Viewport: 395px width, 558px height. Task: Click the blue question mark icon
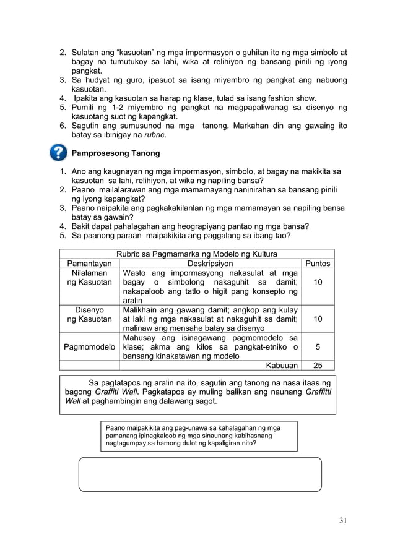tap(58, 152)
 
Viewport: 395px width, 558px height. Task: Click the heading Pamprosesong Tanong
tap(116, 152)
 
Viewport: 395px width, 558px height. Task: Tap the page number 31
tap(342, 520)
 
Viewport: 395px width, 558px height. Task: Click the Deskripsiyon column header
tap(211, 263)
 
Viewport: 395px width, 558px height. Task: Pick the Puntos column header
tap(318, 263)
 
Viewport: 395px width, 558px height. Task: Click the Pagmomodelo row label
tap(90, 347)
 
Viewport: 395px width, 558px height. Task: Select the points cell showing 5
tap(318, 347)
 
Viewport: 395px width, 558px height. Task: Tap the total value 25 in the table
tap(318, 366)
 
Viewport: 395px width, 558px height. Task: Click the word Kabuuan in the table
tap(282, 366)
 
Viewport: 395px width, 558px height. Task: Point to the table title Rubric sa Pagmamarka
tap(197, 254)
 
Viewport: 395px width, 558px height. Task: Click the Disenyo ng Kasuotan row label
tap(90, 314)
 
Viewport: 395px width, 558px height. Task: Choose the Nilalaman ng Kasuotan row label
tap(90, 277)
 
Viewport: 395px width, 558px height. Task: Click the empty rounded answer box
tap(200, 474)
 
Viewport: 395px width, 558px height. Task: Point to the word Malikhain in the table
tap(142, 309)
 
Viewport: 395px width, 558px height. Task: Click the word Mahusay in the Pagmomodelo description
tap(140, 338)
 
